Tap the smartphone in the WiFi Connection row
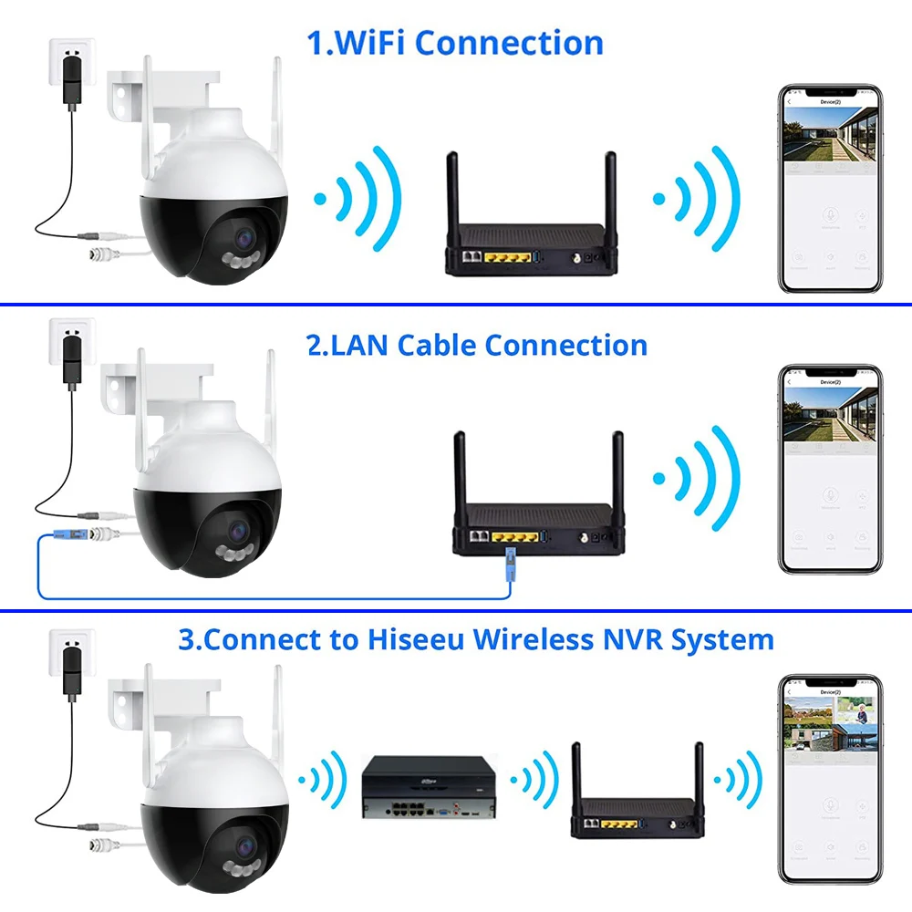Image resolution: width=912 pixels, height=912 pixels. [830, 189]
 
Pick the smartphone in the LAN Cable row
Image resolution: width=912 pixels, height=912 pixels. [830, 470]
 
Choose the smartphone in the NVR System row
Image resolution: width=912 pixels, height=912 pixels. [830, 780]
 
